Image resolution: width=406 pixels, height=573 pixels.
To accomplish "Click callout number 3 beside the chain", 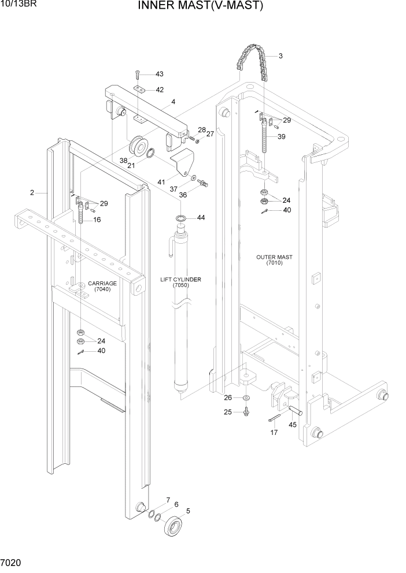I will (280, 56).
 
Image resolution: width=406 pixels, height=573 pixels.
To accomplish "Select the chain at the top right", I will (253, 61).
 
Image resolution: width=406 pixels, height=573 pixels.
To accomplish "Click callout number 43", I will (159, 74).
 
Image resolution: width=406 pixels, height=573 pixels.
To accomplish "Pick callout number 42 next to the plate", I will (159, 90).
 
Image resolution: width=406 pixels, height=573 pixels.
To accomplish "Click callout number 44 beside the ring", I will (201, 218).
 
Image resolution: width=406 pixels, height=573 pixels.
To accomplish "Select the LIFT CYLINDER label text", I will (180, 282).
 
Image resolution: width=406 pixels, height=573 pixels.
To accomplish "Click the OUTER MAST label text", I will (274, 260).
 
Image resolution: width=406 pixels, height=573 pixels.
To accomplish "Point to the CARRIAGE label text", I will (102, 286).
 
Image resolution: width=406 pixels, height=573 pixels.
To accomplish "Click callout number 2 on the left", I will (32, 192).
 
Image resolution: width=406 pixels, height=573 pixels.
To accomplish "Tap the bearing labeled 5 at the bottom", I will (174, 526).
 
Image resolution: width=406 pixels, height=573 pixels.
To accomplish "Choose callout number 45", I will (292, 425).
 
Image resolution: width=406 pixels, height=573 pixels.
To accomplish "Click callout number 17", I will (274, 432).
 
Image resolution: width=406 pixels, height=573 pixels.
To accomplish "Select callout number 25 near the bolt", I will (227, 412).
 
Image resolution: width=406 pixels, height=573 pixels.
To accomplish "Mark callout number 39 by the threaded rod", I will (281, 136).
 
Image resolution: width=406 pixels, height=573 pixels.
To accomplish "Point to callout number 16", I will (97, 219).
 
